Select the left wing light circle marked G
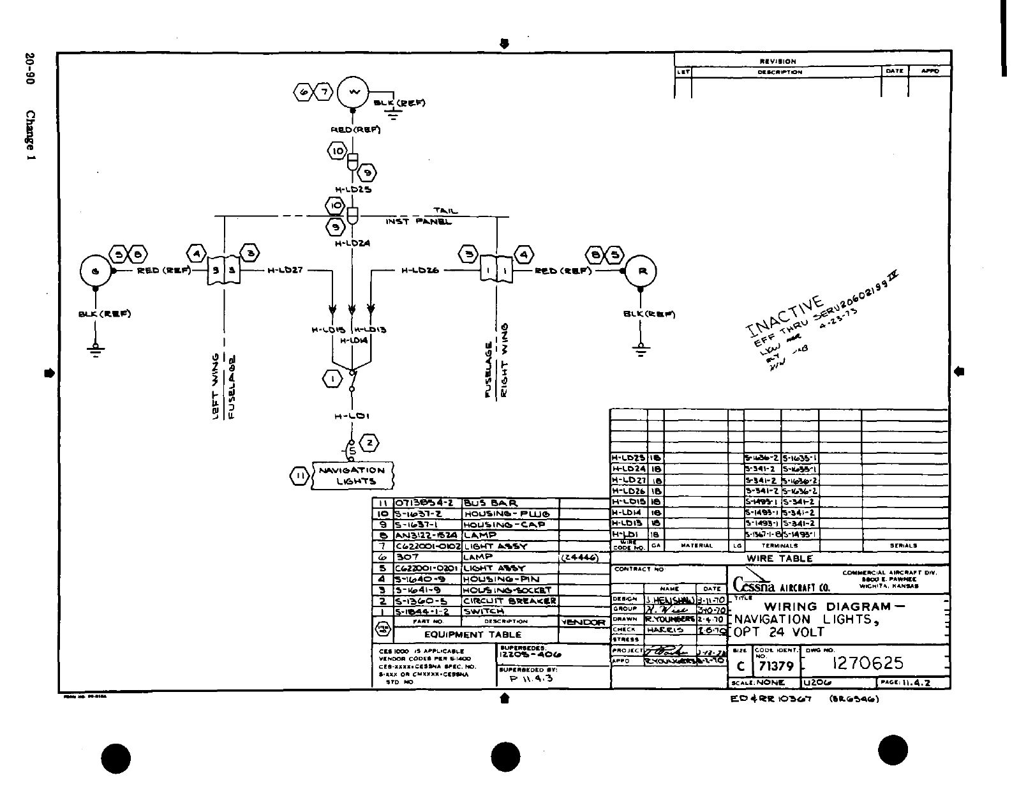(x=96, y=271)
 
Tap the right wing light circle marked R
(x=641, y=271)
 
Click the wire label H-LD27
(x=285, y=271)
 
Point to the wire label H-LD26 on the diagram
(x=419, y=271)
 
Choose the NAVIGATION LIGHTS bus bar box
(x=352, y=476)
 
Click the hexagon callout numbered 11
(x=299, y=476)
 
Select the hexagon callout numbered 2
(x=369, y=442)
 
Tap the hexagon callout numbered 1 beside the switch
(x=332, y=379)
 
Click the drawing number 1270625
(x=868, y=664)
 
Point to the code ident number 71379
(x=774, y=666)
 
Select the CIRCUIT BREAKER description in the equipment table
(x=510, y=601)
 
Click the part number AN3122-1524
(x=426, y=536)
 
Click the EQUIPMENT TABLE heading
(x=473, y=635)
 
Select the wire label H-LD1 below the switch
(x=352, y=416)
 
